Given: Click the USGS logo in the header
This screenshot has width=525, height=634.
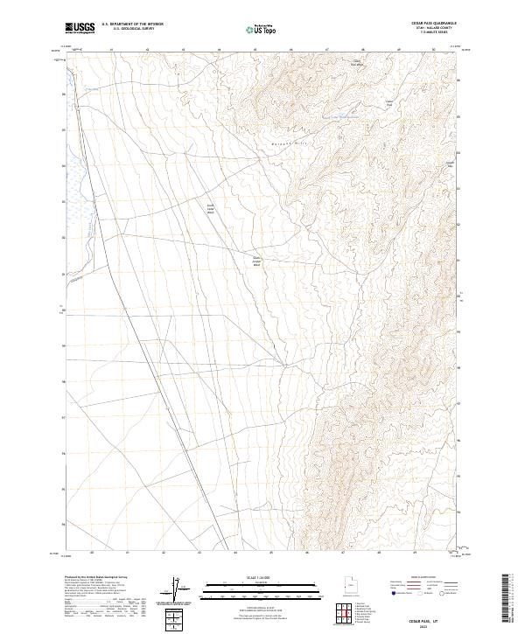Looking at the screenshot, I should [x=80, y=28].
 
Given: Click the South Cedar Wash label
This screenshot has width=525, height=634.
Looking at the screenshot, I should [x=210, y=209].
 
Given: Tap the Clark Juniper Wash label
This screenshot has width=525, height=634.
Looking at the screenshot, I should [x=257, y=260].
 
